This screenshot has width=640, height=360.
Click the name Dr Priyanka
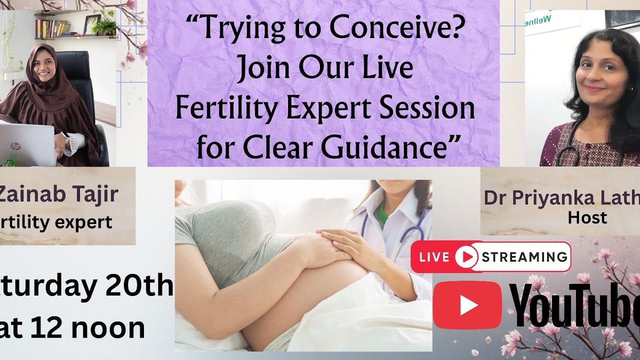click(x=540, y=197)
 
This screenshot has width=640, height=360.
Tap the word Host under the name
click(x=587, y=217)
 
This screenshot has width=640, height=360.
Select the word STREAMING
click(x=524, y=257)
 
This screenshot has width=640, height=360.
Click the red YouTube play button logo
click(x=467, y=305)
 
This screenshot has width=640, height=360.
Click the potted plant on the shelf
click(x=104, y=26)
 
